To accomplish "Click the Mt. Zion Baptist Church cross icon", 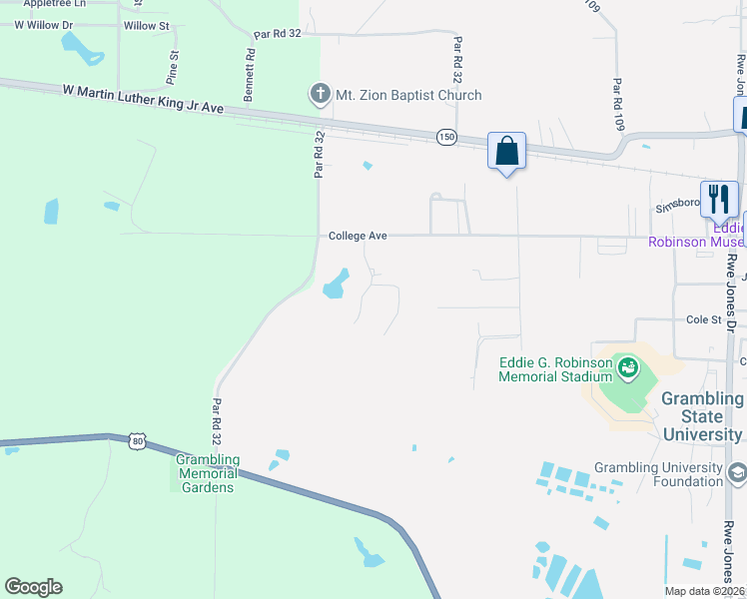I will (320, 95).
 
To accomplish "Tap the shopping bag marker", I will (506, 152).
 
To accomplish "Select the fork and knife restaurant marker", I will (718, 199).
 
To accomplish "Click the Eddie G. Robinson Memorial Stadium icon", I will (627, 368).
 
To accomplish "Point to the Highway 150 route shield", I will (445, 136).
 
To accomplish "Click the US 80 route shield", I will (136, 440).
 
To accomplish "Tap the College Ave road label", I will (358, 236).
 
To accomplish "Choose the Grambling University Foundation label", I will (658, 474).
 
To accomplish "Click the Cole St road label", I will (703, 319).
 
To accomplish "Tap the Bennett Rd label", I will (250, 75).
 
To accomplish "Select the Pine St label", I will (173, 66).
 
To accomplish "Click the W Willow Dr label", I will (44, 25).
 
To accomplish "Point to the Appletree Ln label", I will (43, 4).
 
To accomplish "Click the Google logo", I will (33, 587).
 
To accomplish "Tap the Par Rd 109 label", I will (618, 105).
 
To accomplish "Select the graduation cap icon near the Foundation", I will (737, 471).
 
